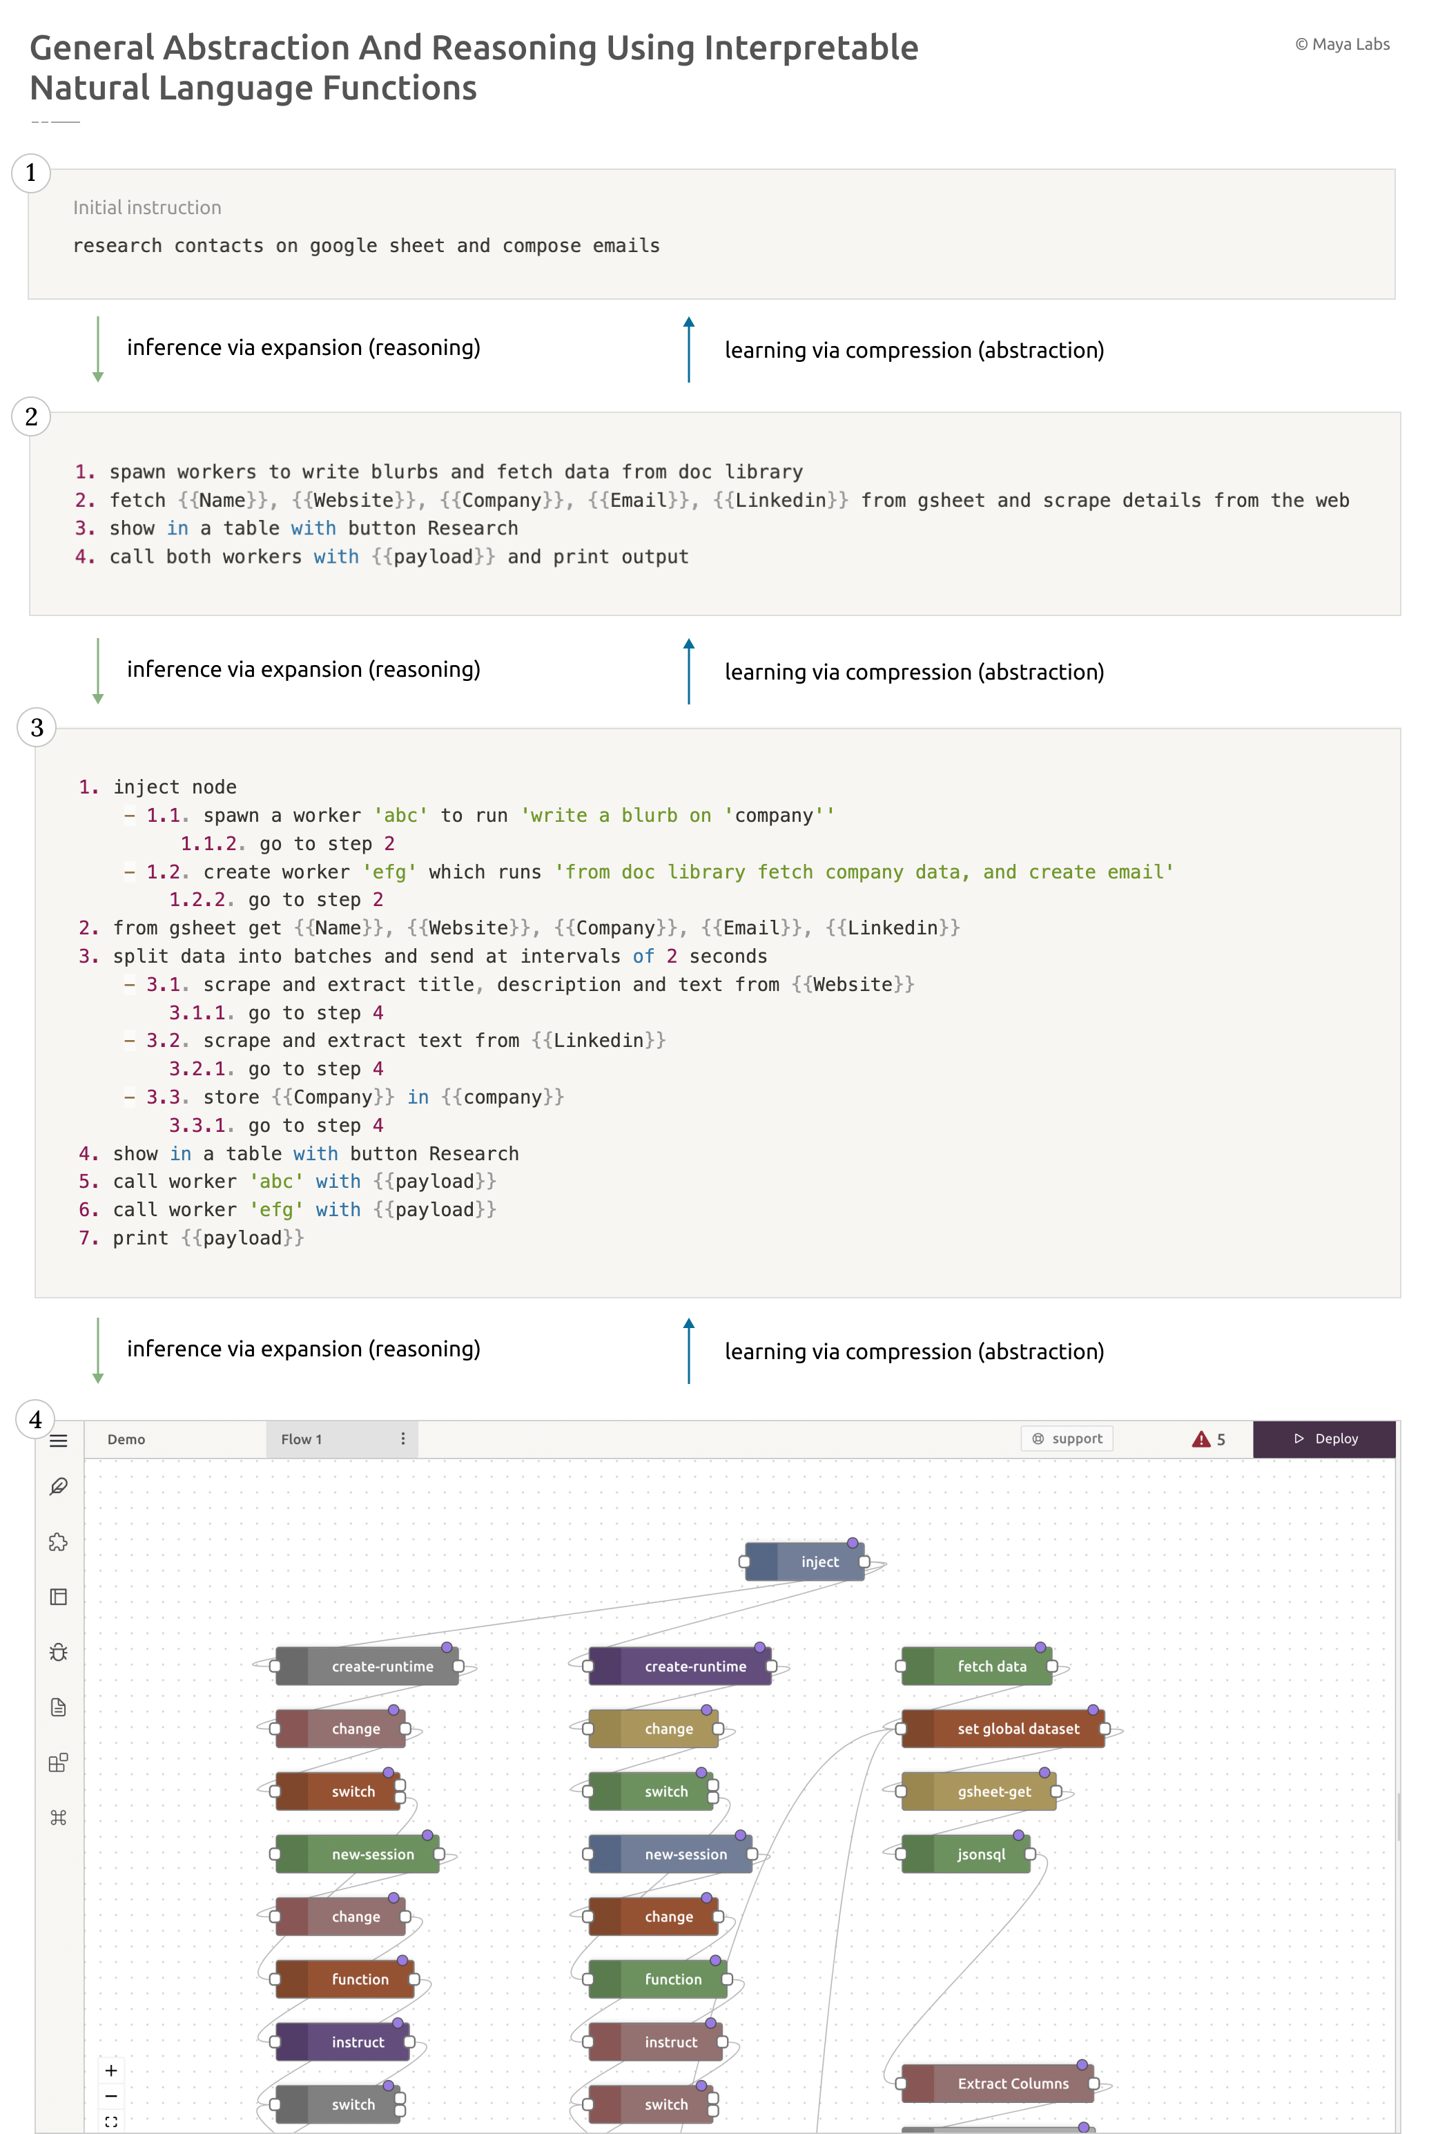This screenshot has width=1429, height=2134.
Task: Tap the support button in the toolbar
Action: (x=1067, y=1439)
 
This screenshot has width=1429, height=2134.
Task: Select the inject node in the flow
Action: (x=805, y=1561)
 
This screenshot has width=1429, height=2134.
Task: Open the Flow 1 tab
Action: (x=302, y=1439)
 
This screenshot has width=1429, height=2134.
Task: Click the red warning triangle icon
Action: (x=1201, y=1439)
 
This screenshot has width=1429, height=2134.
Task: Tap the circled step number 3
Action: (x=37, y=727)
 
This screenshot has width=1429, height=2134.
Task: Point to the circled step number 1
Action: (x=31, y=172)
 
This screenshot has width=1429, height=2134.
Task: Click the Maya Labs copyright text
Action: (x=1343, y=44)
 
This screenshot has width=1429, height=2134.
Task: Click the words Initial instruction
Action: (x=147, y=208)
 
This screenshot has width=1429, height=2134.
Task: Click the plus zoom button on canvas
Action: (x=111, y=2070)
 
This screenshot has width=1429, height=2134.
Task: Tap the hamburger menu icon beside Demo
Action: (x=58, y=1441)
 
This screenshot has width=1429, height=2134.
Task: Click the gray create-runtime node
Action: (x=367, y=1666)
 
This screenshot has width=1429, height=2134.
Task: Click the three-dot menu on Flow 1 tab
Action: (x=403, y=1439)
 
